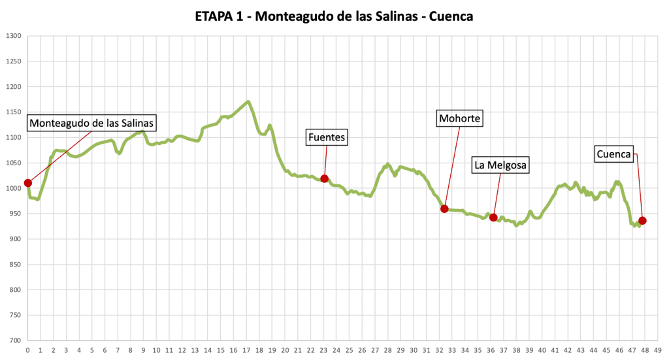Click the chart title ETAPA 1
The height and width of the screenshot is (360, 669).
(334, 16)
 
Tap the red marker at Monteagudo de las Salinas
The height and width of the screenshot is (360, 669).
(27, 183)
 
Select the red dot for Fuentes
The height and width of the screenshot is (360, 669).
(324, 179)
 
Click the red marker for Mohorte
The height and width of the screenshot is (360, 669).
(444, 209)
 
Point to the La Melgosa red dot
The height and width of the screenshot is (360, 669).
(493, 218)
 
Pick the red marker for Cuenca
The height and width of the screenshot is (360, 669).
(642, 221)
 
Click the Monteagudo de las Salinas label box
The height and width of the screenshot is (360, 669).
(91, 123)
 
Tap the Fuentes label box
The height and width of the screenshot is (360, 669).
(326, 137)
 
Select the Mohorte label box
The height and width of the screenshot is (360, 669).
(460, 119)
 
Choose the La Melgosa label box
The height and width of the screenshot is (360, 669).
(500, 165)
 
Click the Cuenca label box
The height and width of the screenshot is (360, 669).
(613, 154)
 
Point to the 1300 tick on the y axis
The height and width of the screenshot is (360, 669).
(14, 36)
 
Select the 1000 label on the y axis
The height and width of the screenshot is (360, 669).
(14, 188)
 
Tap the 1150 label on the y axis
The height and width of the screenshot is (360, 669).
(14, 112)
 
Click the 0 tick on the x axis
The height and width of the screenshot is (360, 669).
(27, 350)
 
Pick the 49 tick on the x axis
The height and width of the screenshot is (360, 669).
(657, 350)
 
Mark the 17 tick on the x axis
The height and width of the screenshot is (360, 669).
(246, 350)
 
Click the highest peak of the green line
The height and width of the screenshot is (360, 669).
(248, 101)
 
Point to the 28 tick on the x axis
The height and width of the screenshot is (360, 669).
(387, 350)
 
